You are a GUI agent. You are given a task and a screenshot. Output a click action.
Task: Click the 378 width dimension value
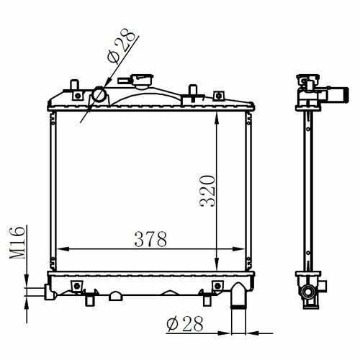[x=150, y=239]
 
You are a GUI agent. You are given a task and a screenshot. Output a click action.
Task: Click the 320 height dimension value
[x=207, y=192]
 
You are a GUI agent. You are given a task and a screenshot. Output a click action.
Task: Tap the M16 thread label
[x=17, y=243]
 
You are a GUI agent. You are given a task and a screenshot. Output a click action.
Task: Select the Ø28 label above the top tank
[x=122, y=45]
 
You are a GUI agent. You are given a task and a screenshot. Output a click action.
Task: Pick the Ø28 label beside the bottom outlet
[x=185, y=324]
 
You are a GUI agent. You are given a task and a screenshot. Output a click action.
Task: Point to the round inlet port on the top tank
[x=99, y=94]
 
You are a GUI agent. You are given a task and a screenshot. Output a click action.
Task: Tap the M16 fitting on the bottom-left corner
[x=50, y=292]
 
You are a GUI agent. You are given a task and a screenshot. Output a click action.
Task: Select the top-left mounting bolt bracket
[x=78, y=96]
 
